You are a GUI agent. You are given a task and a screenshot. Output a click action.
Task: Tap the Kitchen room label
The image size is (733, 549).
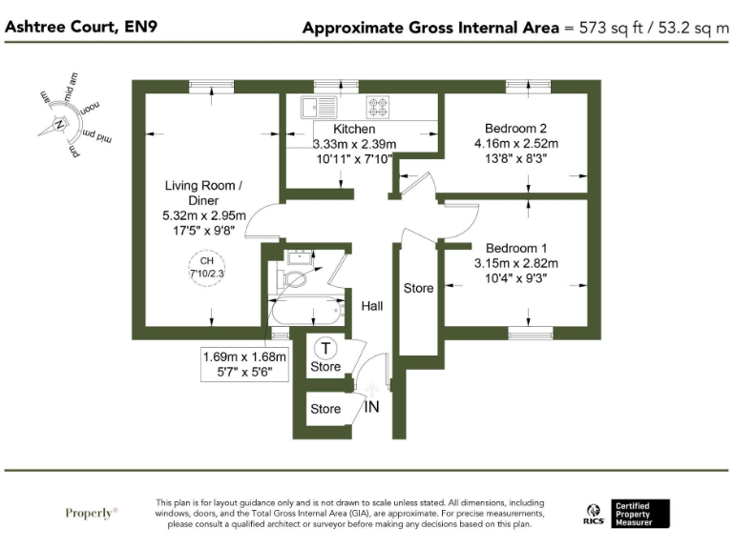pyautogui.click(x=354, y=129)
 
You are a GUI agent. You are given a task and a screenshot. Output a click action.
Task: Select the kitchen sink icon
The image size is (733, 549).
pyautogui.click(x=314, y=105)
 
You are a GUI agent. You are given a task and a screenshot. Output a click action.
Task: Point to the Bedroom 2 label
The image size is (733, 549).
pyautogui.click(x=515, y=129)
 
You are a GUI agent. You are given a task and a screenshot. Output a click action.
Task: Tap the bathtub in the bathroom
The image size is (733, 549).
pyautogui.click(x=306, y=312)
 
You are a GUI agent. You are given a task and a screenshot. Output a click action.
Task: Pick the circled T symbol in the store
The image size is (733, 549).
pyautogui.click(x=326, y=349)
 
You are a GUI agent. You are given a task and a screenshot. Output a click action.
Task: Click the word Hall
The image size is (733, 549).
pyautogui.click(x=371, y=306)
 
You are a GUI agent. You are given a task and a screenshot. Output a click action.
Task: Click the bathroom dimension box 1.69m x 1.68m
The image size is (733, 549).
pyautogui.click(x=245, y=365)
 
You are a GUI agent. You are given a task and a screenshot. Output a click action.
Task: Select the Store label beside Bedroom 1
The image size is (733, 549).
pyautogui.click(x=418, y=288)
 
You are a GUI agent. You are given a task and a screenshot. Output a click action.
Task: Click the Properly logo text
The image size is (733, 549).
pyautogui.click(x=92, y=513)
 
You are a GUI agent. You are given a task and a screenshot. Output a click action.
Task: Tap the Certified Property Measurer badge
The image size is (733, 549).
pyautogui.click(x=640, y=514)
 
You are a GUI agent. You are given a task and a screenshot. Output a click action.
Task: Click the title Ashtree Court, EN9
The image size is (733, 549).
pyautogui.click(x=82, y=26)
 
